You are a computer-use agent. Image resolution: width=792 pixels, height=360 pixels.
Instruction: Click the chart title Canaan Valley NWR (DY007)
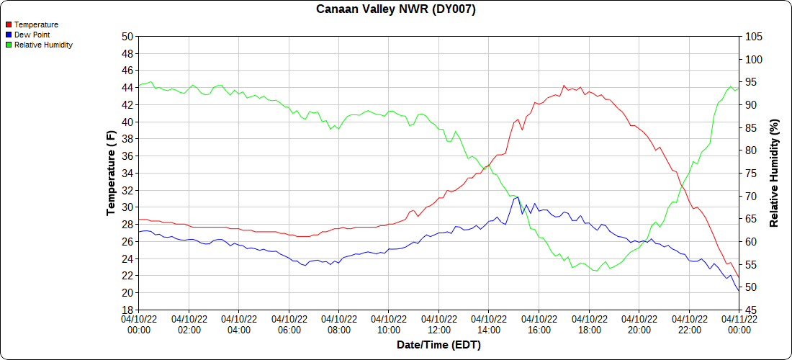click(x=396, y=9)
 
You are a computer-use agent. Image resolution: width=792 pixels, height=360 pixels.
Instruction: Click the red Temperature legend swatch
click(x=8, y=24)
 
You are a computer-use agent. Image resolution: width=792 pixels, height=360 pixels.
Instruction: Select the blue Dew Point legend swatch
click(x=8, y=35)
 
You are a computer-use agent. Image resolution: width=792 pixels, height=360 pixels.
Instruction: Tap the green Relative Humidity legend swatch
click(x=8, y=45)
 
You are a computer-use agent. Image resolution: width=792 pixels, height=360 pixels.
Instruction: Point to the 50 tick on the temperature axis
click(x=127, y=37)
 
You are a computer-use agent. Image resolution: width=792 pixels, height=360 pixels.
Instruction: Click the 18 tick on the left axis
click(x=127, y=310)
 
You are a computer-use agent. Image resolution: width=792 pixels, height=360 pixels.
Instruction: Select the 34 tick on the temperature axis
click(x=127, y=173)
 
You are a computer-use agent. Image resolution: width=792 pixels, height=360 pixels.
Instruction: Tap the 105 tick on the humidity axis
click(x=753, y=37)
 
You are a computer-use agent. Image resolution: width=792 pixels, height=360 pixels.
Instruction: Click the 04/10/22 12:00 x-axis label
click(x=438, y=325)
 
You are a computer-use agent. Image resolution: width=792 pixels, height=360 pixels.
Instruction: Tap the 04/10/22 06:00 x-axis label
click(x=289, y=325)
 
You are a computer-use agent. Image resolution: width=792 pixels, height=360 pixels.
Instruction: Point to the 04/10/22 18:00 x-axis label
click(x=589, y=325)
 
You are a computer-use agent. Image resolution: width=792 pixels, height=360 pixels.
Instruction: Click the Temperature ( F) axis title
click(x=111, y=173)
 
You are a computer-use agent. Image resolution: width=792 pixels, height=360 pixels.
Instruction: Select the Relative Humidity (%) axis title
click(x=775, y=173)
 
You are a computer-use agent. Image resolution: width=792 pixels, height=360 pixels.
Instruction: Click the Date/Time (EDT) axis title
click(x=438, y=345)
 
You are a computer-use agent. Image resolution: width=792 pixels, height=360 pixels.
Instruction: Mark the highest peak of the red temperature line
click(x=564, y=86)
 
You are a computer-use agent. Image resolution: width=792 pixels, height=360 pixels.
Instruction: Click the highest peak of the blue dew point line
click(x=518, y=197)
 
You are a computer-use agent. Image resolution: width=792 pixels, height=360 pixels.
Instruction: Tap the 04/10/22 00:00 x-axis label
click(x=139, y=325)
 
